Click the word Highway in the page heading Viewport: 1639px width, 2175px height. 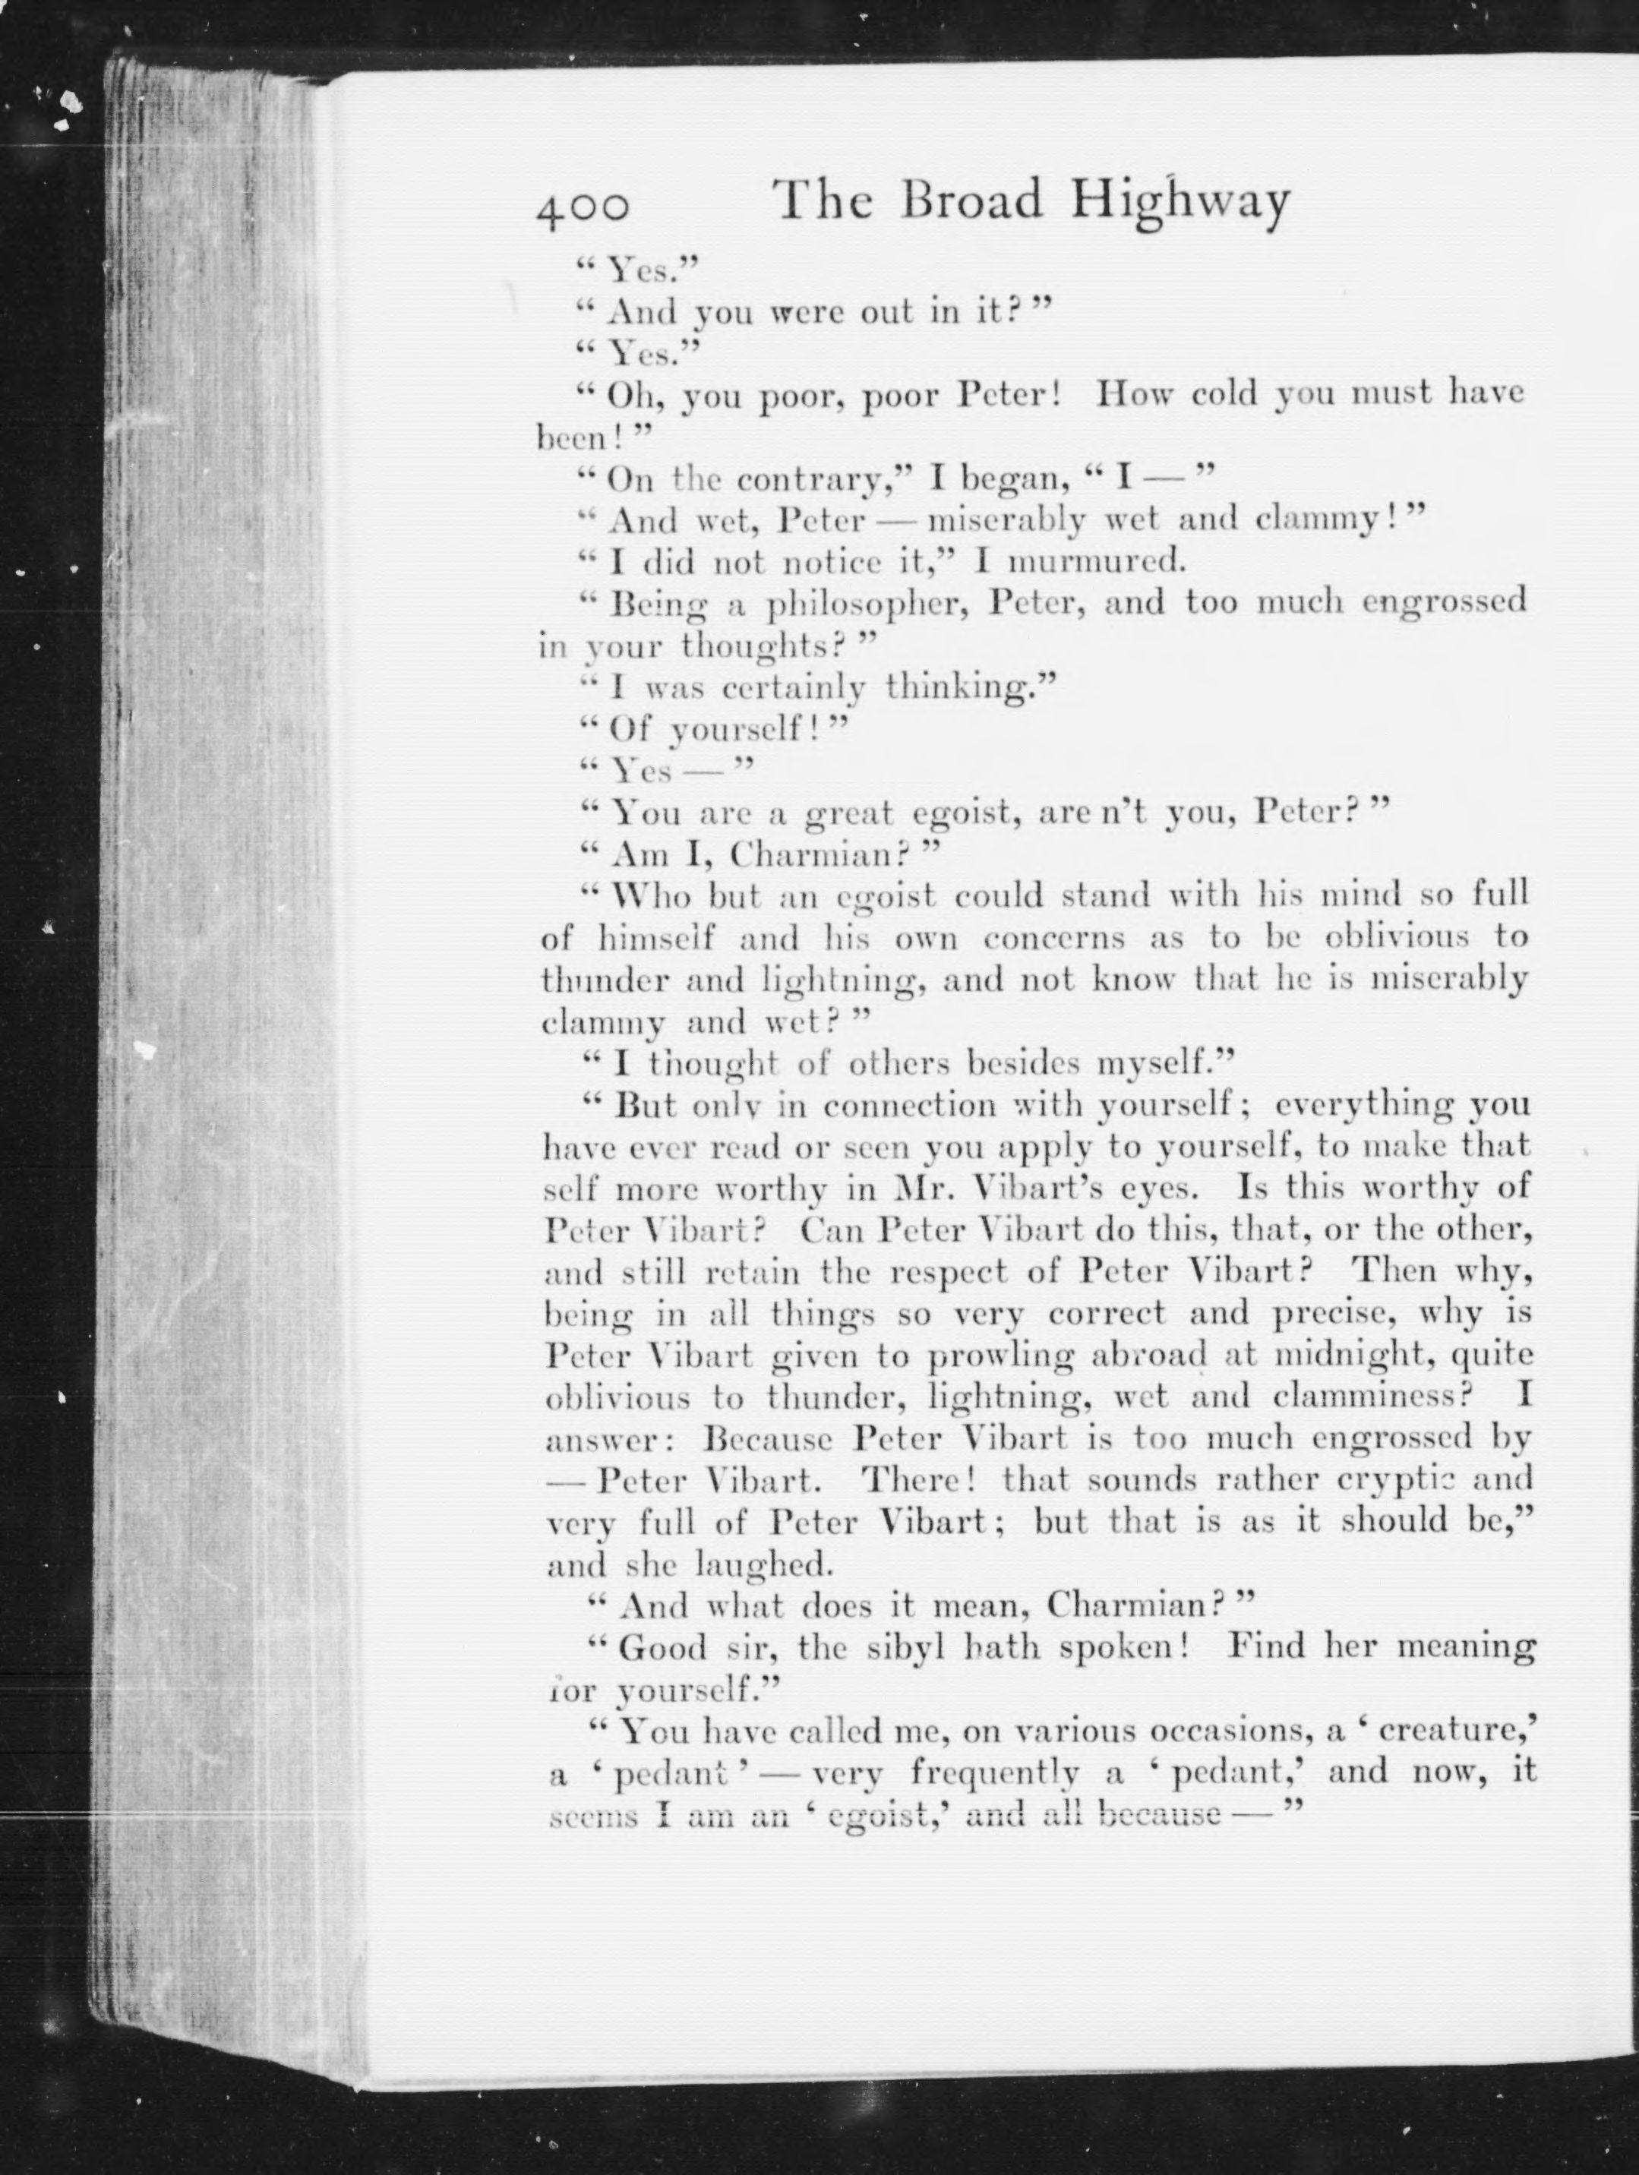pos(1179,203)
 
